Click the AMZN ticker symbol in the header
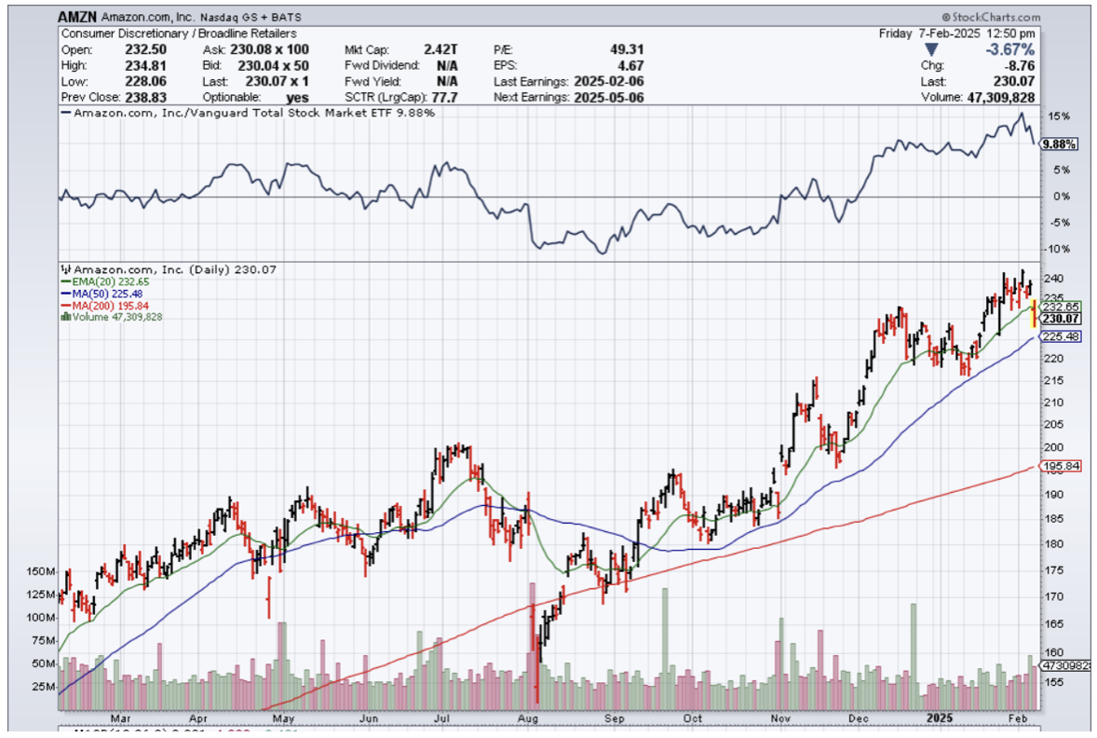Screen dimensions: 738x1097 point(78,17)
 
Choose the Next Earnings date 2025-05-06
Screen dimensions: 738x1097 point(609,97)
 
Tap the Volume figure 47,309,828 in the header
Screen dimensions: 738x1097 point(1002,97)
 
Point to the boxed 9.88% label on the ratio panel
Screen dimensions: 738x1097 point(1060,144)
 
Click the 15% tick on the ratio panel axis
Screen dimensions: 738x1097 point(1058,116)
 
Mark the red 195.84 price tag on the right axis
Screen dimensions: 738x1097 point(1062,466)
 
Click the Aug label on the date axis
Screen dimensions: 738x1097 point(528,718)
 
